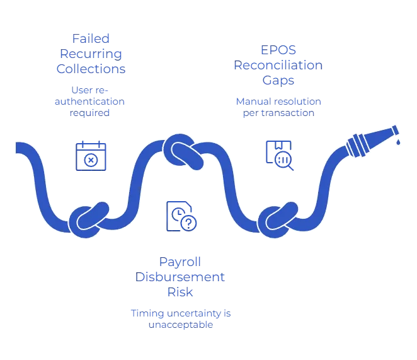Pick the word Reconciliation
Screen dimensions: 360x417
(278, 65)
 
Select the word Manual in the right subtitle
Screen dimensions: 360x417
(249, 102)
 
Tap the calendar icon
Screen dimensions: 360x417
(92, 155)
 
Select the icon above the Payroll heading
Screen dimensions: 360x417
(181, 215)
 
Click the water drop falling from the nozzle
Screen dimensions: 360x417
(398, 142)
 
